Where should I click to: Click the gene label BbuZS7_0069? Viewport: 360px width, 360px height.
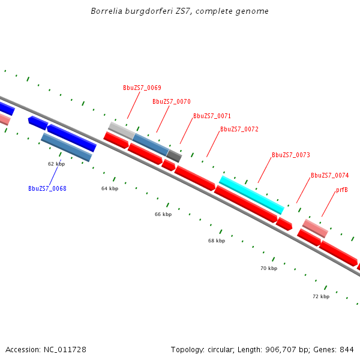(142, 88)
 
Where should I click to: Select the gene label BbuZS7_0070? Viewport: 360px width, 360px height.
(171, 101)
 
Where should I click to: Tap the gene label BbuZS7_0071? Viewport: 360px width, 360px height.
(212, 116)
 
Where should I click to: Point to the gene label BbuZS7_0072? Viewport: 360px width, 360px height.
(239, 129)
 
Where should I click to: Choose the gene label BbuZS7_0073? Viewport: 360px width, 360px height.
(290, 155)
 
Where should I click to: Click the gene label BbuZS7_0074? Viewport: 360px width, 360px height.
(329, 175)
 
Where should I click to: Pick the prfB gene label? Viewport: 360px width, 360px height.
(342, 190)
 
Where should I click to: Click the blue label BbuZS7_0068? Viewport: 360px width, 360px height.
(47, 188)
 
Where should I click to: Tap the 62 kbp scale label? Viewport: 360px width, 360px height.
(56, 163)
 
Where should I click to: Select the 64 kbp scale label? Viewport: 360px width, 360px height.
(110, 188)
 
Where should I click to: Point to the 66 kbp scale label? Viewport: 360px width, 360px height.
(163, 214)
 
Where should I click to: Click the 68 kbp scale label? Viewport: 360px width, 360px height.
(217, 241)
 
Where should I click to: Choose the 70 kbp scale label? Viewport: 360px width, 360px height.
(269, 268)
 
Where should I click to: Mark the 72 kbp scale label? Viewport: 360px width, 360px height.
(321, 296)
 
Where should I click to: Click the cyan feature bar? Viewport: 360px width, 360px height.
(251, 194)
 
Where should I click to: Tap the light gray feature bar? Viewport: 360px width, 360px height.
(121, 130)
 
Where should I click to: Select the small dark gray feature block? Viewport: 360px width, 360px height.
(174, 156)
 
